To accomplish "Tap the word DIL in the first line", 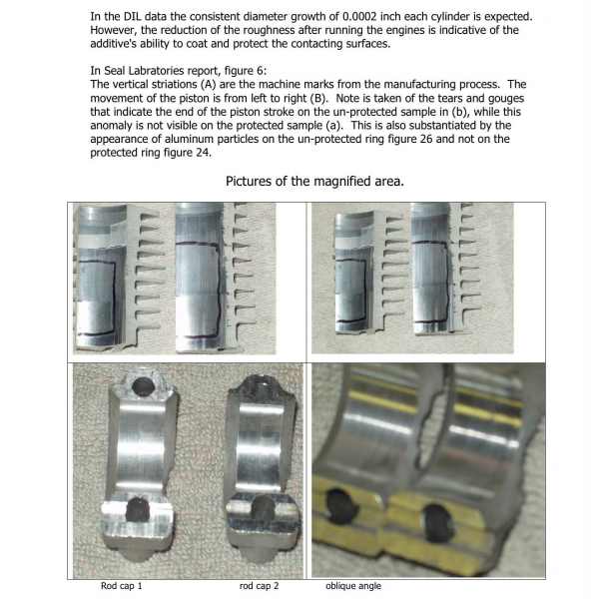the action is pos(133,17).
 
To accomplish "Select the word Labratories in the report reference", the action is pos(158,71).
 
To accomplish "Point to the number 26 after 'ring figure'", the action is pos(426,139).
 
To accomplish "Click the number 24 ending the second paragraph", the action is pos(204,153).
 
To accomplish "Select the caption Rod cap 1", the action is pos(122,586).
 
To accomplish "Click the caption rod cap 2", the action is pos(259,586).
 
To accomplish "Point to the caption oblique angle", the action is pos(353,586).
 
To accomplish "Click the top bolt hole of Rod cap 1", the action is pos(143,386).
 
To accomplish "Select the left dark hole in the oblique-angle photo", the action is pos(341,505).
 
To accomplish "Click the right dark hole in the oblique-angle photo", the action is pos(439,522).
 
